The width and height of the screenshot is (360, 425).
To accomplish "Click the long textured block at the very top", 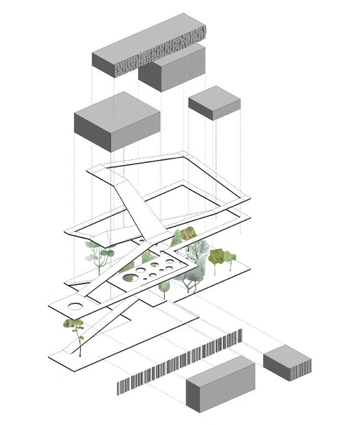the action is point(148,48).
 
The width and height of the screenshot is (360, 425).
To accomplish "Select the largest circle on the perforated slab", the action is point(130,278).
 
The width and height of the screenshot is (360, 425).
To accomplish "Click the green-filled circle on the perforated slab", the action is point(130,278).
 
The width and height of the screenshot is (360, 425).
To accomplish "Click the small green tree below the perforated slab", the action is point(164,287).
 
